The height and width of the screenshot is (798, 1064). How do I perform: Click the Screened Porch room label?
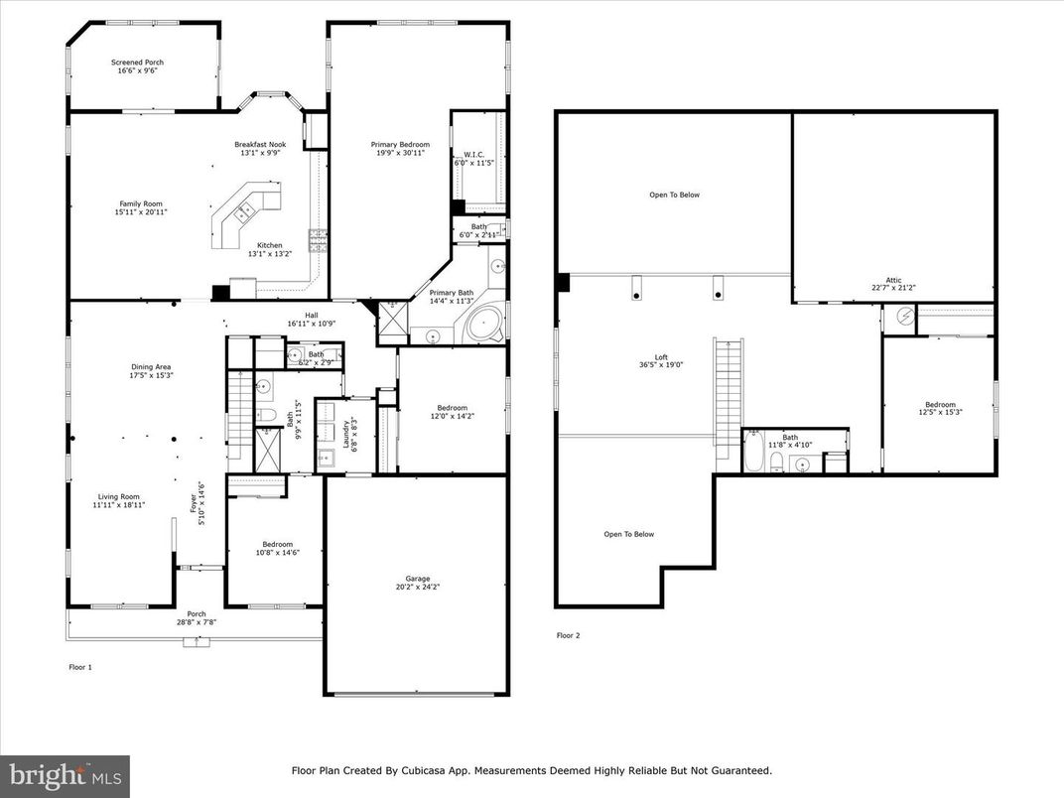[x=137, y=63]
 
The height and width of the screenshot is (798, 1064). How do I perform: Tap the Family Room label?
[x=140, y=203]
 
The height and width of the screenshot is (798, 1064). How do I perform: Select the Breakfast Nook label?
[x=260, y=144]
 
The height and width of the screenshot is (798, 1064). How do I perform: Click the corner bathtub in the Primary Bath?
[x=485, y=325]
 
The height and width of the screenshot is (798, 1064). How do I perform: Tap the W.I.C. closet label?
[x=473, y=154]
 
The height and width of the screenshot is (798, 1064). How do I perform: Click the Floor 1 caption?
[x=79, y=667]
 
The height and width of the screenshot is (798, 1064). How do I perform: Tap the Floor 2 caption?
[x=568, y=635]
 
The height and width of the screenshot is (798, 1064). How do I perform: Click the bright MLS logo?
[x=65, y=775]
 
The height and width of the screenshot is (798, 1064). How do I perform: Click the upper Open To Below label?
[x=674, y=195]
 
